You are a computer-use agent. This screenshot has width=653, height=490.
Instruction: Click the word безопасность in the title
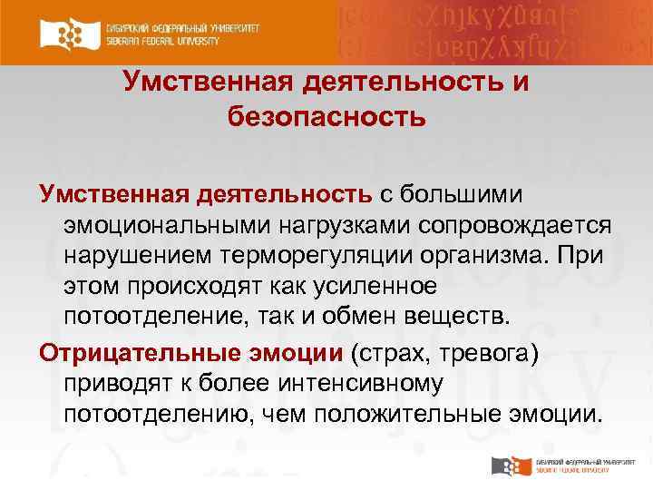click(x=326, y=117)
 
